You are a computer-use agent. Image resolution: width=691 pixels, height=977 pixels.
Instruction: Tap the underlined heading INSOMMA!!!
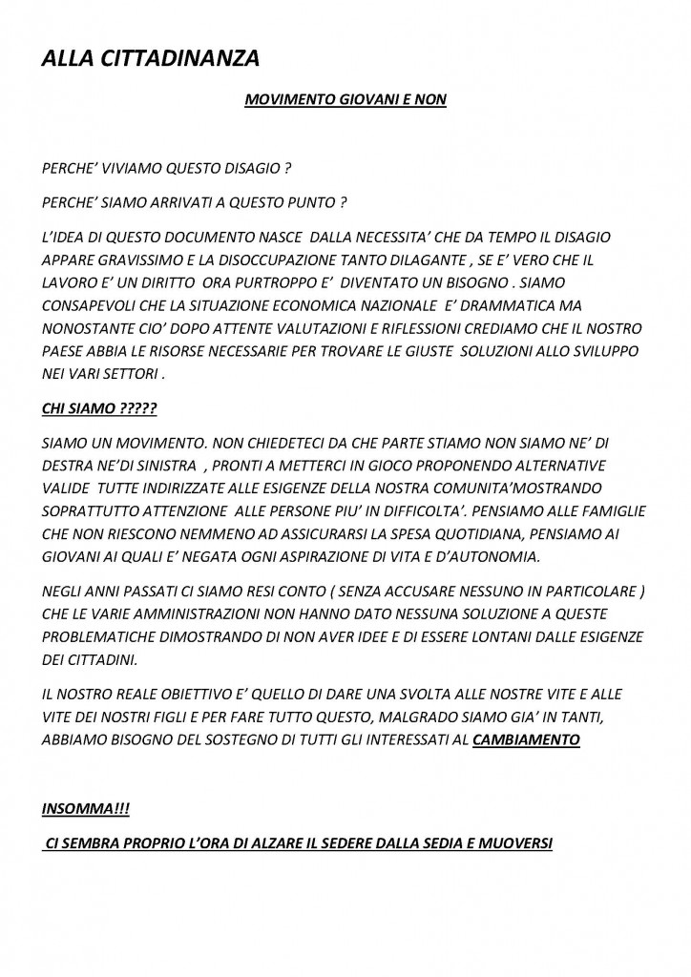[x=87, y=808]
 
